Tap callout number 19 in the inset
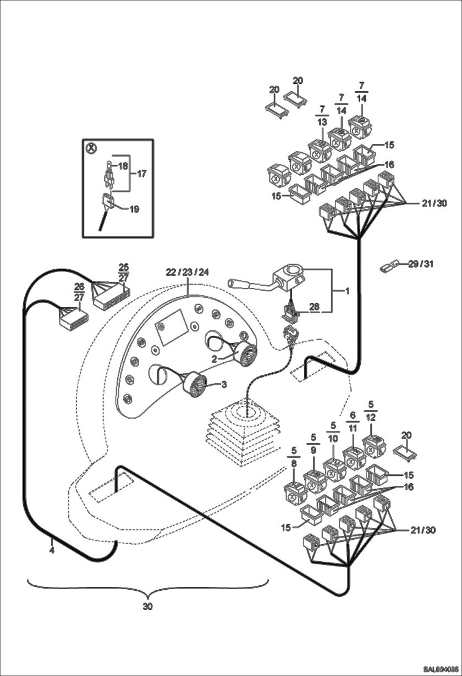coord(135,209)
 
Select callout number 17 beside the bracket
coord(141,174)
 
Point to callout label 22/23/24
coord(188,273)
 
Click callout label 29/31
coord(421,264)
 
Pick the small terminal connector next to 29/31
coord(389,268)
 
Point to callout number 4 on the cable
coord(51,549)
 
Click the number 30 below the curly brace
coord(147,607)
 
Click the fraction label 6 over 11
coord(353,422)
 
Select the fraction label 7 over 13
coord(322,115)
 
